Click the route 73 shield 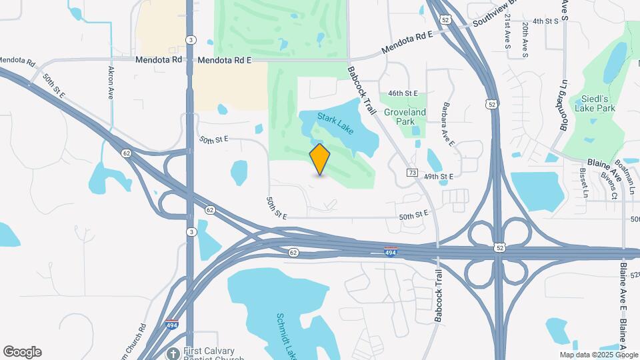(x=413, y=173)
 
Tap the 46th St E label (x=403, y=93)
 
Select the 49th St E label (x=438, y=176)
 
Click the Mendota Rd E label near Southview (x=407, y=42)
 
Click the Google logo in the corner (x=22, y=352)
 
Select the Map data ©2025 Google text (x=598, y=355)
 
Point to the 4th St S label (x=542, y=21)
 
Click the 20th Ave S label (x=525, y=39)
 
